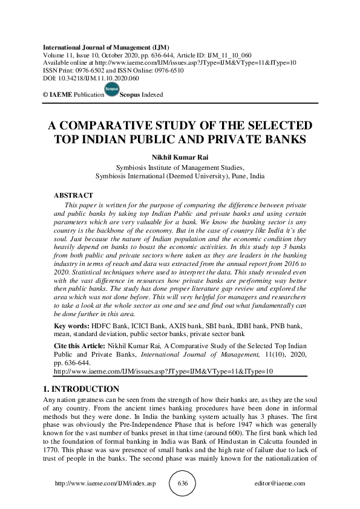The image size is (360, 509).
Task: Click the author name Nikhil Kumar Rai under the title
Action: click(x=180, y=158)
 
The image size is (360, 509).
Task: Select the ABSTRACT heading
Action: click(x=73, y=196)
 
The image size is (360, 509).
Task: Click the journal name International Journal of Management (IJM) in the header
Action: click(x=106, y=47)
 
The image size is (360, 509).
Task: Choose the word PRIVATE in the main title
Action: click(x=254, y=139)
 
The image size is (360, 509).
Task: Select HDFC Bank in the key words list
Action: click(x=105, y=326)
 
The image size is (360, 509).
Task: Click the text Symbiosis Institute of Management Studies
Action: click(x=180, y=167)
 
